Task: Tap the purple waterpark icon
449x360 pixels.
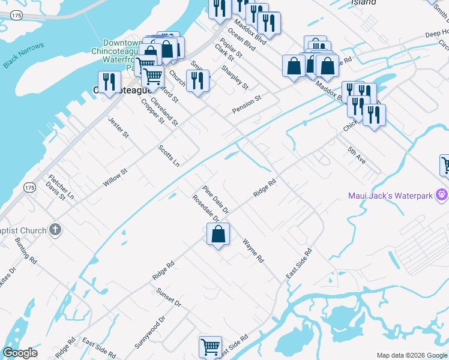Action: coord(442,195)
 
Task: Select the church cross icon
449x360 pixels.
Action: coord(55,230)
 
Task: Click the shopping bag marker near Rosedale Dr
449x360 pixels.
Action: coord(218,234)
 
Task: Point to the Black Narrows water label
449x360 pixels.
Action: coord(23,55)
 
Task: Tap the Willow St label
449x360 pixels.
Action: coord(115,178)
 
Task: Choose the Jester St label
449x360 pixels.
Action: coord(118,127)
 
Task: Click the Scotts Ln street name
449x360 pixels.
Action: coord(169,155)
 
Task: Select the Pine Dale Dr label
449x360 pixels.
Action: coord(215,200)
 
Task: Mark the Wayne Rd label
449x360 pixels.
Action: coord(253,251)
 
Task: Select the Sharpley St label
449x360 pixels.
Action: coord(235,77)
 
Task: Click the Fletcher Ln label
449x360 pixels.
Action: coord(61,187)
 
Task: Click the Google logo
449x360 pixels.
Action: coord(20,353)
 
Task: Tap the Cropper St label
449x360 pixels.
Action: coord(152,110)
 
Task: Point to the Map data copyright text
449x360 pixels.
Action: coord(411,355)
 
